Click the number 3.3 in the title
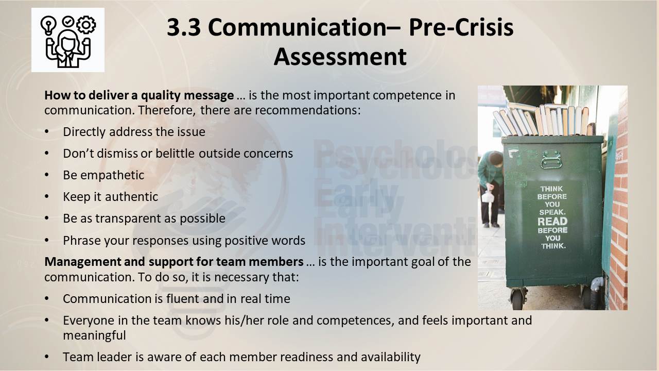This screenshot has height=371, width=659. click(184, 27)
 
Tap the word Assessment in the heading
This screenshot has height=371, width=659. click(340, 57)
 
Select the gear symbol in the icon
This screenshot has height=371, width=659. click(86, 25)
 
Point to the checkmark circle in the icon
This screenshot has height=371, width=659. click(68, 22)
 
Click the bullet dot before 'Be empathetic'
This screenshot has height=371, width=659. click(47, 175)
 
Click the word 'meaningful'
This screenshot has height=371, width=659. click(94, 335)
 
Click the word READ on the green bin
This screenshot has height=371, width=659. click(552, 221)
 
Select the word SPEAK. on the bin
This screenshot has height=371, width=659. click(552, 212)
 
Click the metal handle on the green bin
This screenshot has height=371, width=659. click(551, 160)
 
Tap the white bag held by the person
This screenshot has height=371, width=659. click(488, 197)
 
